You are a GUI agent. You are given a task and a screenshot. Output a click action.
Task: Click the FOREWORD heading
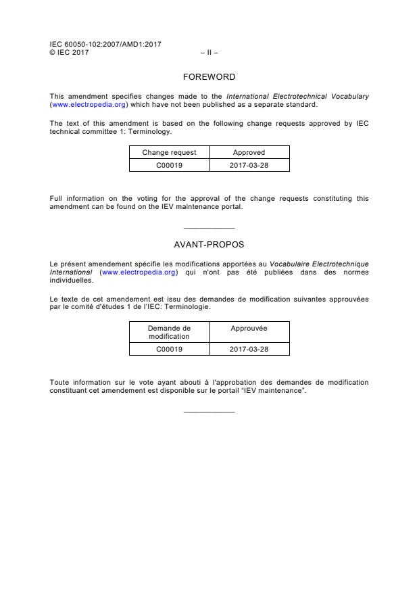tap(209, 77)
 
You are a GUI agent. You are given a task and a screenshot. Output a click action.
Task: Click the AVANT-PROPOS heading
tap(209, 244)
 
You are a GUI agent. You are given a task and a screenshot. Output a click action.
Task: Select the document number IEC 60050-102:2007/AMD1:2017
tap(105, 44)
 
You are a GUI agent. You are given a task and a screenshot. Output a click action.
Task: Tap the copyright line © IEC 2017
tap(69, 51)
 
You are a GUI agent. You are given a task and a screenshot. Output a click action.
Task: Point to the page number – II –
tap(209, 51)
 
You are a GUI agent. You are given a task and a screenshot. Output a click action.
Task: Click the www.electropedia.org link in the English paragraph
tap(89, 105)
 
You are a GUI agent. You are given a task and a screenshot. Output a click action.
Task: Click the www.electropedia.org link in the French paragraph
tap(138, 272)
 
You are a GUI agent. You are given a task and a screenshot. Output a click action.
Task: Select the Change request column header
tap(169, 153)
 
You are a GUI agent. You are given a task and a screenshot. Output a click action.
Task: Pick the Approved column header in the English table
tap(249, 153)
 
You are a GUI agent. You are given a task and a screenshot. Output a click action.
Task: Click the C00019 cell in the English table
tap(169, 165)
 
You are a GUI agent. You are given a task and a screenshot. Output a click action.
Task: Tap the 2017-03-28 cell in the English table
tap(249, 165)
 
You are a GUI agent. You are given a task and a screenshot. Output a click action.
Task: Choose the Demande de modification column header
tap(169, 332)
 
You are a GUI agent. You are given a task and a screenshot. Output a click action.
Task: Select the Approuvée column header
tap(249, 329)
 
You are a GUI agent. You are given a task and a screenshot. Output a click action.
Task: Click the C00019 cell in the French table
tap(169, 349)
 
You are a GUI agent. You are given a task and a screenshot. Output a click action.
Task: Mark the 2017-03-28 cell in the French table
tap(249, 349)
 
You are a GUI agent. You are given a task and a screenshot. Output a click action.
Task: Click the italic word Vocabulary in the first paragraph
tap(349, 97)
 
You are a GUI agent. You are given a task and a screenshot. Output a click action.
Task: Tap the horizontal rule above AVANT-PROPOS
tap(209, 228)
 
